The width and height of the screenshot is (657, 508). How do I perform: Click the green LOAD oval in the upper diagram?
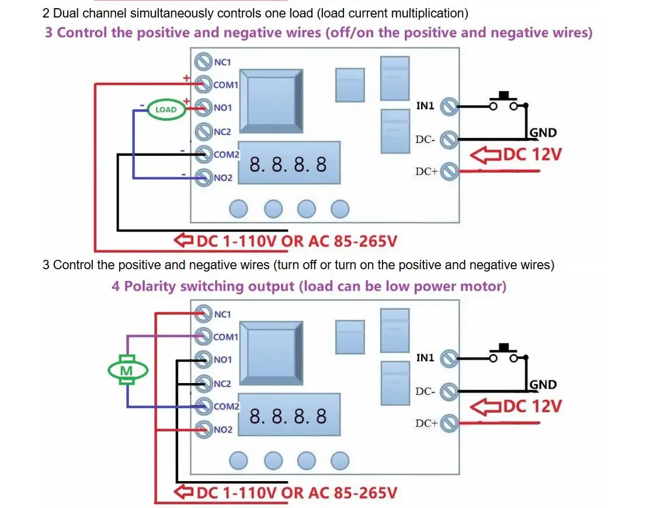pos(166,109)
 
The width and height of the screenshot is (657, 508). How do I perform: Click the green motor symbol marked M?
pos(127,370)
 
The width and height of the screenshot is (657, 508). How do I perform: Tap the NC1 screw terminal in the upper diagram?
pos(203,61)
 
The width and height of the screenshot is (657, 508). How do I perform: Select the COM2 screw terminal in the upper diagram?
pos(204,154)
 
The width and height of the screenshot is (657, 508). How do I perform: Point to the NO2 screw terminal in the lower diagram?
pos(204,429)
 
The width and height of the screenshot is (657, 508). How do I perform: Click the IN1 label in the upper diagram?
pos(425,106)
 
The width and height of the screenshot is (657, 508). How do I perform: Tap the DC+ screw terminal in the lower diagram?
pos(449,423)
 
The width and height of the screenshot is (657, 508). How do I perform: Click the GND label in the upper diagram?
pos(543,133)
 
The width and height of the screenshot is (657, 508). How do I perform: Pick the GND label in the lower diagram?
pos(543,385)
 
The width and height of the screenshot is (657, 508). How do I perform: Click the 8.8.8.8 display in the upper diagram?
pos(288,165)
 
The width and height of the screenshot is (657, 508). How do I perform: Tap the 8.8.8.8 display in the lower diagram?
pos(288,416)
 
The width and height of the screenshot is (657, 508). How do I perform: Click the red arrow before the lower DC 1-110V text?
pos(183,492)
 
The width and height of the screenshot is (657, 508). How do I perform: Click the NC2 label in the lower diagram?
pos(223,384)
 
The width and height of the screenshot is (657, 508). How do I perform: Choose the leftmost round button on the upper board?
pos(239,208)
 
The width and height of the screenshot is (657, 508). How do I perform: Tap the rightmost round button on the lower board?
pos(340,461)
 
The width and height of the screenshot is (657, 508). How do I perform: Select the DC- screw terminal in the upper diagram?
pos(449,139)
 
